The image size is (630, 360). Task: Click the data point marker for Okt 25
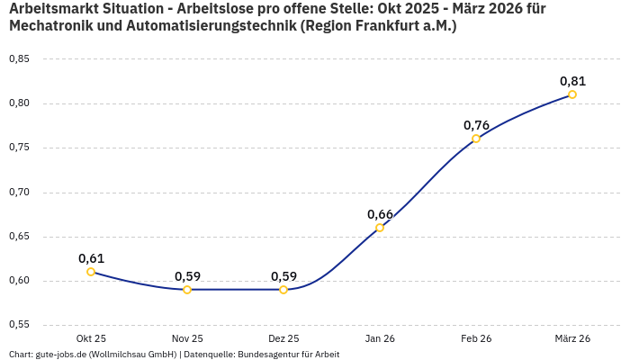[91, 272]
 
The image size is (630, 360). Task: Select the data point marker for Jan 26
[380, 228]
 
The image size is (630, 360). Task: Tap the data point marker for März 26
[572, 94]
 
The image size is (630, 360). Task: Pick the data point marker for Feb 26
[476, 139]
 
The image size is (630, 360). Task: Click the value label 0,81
[572, 80]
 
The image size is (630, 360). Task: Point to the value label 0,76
[476, 125]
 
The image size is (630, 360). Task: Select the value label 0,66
[380, 214]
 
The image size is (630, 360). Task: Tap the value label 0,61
[91, 258]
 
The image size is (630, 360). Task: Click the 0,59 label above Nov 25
[187, 276]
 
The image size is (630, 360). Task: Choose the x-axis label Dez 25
[283, 338]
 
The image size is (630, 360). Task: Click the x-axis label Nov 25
[187, 338]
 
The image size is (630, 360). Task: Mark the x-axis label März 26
[572, 338]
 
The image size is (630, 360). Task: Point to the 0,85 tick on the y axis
[19, 59]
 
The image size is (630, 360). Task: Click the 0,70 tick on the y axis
[19, 193]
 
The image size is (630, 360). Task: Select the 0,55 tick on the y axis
[19, 325]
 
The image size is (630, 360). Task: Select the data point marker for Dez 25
[283, 290]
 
